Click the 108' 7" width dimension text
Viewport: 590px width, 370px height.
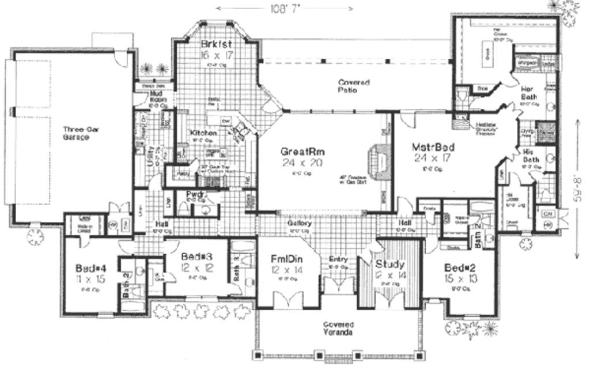point(285,9)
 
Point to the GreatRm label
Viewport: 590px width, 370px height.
point(303,152)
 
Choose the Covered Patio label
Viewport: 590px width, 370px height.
point(354,86)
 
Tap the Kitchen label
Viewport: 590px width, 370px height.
point(203,133)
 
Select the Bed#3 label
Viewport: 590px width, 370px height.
point(191,256)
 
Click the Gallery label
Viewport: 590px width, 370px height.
point(300,223)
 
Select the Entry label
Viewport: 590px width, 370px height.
point(338,260)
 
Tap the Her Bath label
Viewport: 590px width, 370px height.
point(530,93)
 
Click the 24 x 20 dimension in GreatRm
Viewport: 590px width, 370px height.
point(303,163)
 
